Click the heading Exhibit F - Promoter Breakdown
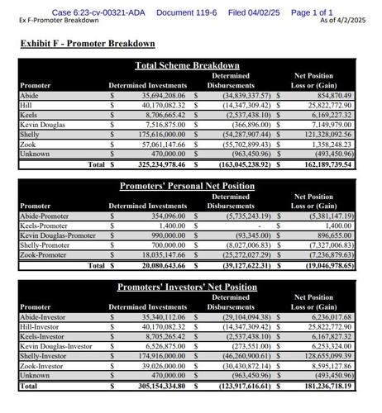(88, 44)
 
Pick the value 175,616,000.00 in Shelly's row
(160, 134)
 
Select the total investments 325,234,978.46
(160, 164)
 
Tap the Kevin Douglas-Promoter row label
(58, 235)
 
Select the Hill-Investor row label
(42, 327)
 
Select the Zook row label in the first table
(29, 144)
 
